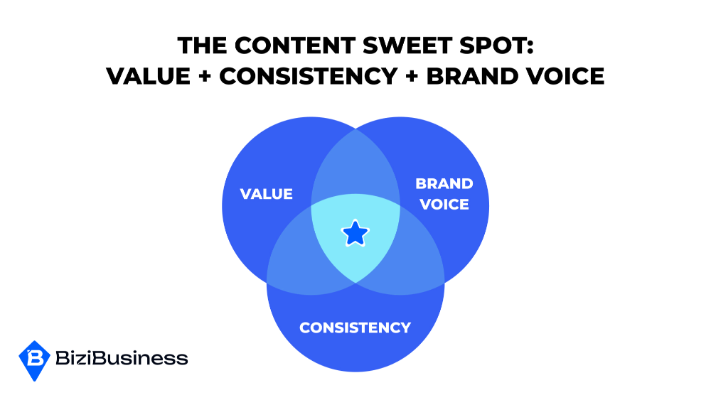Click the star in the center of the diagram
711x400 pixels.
coord(355,233)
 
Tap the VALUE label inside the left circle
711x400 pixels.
coord(266,194)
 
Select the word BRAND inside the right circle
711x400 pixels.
coord(444,183)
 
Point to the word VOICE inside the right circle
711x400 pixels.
coord(444,205)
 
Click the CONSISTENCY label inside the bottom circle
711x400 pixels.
coord(355,328)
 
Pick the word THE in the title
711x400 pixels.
coord(202,45)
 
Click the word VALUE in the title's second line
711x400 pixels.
coord(149,75)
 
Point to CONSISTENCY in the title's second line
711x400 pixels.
coord(309,75)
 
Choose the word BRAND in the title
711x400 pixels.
coord(472,75)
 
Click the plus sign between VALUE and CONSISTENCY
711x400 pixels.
coord(205,75)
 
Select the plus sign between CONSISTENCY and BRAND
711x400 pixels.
coord(412,75)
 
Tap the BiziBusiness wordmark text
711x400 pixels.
coord(122,358)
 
